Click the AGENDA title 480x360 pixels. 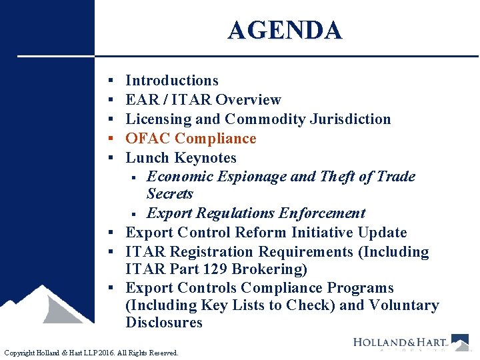tap(285, 31)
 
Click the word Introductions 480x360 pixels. tap(172, 81)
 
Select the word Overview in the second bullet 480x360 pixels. tap(248, 100)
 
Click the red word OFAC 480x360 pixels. tap(148, 139)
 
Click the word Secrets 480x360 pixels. tap(169, 194)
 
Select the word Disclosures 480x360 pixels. tap(164, 323)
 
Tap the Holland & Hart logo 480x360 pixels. tap(409, 343)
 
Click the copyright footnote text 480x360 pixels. tap(91, 353)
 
